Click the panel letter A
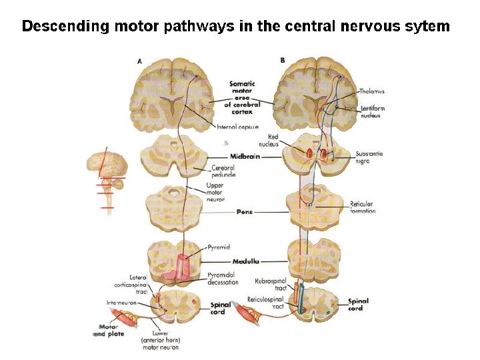coord(139,61)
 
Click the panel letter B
coord(283,61)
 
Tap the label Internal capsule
coord(237,127)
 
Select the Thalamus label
coord(371,91)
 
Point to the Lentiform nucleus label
coord(372,111)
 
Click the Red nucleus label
coord(268,140)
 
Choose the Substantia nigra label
coord(369,157)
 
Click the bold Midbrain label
coord(245,157)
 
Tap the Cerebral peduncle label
coord(223,171)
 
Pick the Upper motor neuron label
coord(215,192)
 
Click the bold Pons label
coord(244,212)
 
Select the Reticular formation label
coord(363,207)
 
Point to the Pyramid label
coord(219,247)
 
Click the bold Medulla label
coord(246,262)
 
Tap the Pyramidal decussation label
coord(223,278)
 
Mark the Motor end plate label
coord(108,330)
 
